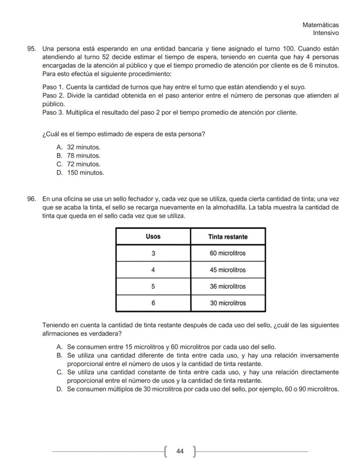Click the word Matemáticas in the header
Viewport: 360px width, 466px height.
coord(320,25)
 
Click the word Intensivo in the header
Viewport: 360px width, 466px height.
coord(326,33)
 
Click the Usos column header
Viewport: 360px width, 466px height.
coord(153,237)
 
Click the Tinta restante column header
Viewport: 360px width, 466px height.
coord(228,237)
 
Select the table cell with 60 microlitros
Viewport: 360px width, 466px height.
coord(228,253)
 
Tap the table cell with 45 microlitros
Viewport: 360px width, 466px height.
coord(228,270)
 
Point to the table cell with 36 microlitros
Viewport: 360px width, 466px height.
coord(228,286)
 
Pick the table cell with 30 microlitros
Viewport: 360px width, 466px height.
coord(228,303)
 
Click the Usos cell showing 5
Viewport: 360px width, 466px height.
coord(153,286)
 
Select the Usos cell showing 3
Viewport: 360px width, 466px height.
coord(153,253)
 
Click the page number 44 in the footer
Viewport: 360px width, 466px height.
coord(180,452)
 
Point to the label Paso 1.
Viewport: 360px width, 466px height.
coord(53,87)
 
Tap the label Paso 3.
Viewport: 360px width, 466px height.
coord(53,113)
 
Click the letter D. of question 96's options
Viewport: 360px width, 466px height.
coord(60,389)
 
